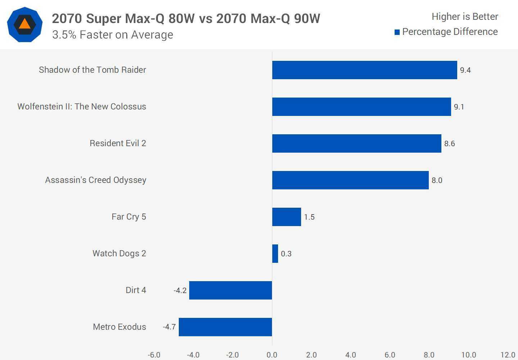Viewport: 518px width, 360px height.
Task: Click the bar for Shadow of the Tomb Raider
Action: tap(364, 70)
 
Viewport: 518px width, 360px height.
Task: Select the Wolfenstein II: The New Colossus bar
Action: tap(362, 107)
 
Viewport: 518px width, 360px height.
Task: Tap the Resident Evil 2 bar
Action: tap(356, 143)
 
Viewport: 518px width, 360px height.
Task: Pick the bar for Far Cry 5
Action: tap(286, 217)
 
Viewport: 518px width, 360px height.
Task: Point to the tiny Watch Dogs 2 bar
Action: tap(275, 253)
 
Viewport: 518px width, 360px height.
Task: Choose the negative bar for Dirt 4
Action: tap(231, 290)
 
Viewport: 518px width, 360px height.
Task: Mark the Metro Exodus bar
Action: tap(226, 327)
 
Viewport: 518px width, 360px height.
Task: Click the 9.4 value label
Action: tap(465, 70)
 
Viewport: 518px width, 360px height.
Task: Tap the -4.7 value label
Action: tap(169, 327)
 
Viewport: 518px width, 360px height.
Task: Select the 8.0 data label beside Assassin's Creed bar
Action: tap(437, 180)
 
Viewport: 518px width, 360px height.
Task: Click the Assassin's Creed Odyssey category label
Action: tap(96, 180)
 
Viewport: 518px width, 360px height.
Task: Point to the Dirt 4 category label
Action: tap(136, 290)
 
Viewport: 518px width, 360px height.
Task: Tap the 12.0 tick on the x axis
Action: tap(508, 355)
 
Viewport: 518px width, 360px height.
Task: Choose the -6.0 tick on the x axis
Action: tap(154, 355)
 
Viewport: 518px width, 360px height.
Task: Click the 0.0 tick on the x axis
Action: tap(272, 355)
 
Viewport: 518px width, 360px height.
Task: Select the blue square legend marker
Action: tap(397, 32)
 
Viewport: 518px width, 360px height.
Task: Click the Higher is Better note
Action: tap(465, 17)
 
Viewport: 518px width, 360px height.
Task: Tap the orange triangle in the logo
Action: tap(24, 24)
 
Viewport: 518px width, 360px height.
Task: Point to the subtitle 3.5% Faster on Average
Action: tap(113, 35)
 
